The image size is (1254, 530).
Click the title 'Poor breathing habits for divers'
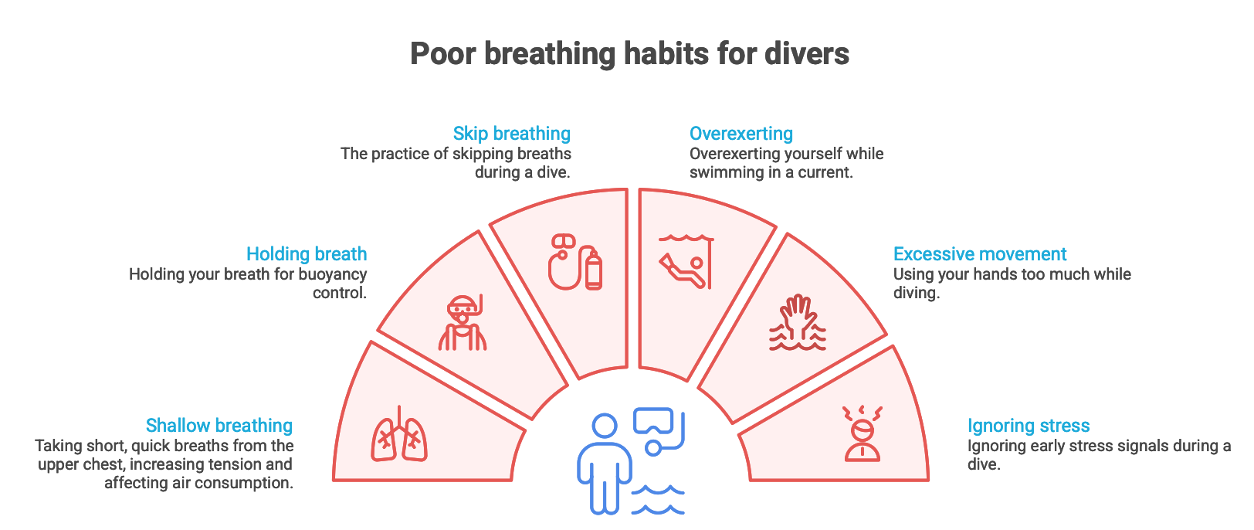629,54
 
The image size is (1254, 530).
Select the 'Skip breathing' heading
512,134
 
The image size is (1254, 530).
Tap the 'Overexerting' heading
741,134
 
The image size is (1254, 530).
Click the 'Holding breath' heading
307,253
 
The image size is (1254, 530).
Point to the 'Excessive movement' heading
980,253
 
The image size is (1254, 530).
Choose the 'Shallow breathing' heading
219,426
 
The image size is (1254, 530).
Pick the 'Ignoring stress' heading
1029,426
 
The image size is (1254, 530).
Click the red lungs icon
399,433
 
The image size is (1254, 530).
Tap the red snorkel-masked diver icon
463,323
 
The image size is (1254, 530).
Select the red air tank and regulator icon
575,262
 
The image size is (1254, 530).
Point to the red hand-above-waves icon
797,322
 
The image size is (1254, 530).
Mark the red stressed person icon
862,433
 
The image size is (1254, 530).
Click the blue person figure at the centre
605,464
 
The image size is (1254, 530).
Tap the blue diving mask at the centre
652,421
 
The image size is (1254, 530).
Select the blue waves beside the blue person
658,500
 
